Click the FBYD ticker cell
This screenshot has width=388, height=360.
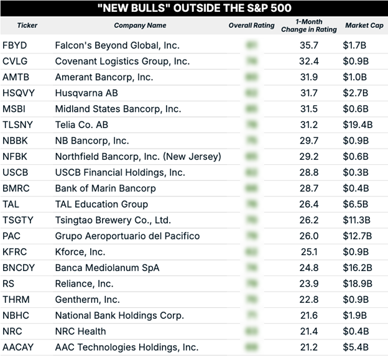pos(15,45)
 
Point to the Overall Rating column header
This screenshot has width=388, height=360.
pos(251,25)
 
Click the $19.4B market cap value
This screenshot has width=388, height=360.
pos(358,124)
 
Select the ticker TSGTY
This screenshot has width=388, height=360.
pos(17,219)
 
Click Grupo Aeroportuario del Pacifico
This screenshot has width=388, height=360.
pos(127,236)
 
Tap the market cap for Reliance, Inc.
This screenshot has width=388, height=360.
pos(358,283)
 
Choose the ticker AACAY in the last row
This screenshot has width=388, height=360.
pos(18,347)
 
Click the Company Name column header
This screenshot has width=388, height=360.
pos(140,25)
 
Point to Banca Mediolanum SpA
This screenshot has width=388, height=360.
pos(107,267)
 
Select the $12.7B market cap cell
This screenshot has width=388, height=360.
pos(358,236)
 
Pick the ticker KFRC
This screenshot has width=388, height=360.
pos(16,251)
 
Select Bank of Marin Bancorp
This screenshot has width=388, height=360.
pos(105,188)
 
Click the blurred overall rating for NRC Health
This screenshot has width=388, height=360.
pos(251,331)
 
